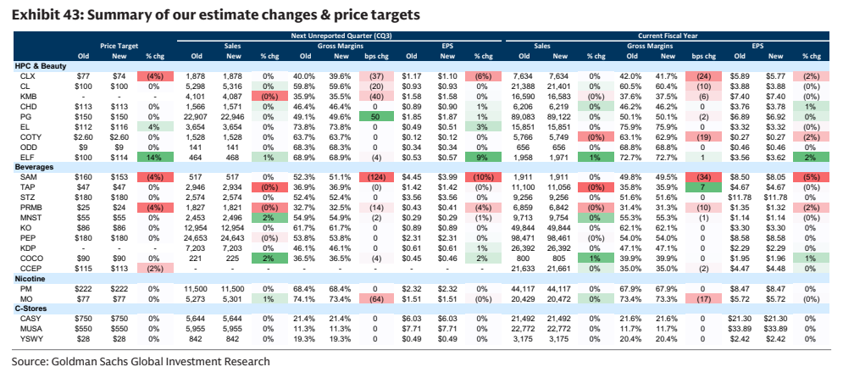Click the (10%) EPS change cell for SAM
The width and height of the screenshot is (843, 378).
pos(483,177)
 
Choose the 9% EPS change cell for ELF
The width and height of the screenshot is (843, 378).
pos(483,157)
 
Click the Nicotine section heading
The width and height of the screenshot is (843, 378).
pos(29,279)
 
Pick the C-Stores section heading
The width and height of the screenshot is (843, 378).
pos(31,309)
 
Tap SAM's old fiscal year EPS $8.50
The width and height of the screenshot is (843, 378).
pos(740,177)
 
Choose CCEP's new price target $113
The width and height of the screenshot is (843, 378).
pos(119,269)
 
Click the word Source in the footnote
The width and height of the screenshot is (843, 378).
pos(29,362)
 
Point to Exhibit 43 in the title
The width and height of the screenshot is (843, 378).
pos(44,15)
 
